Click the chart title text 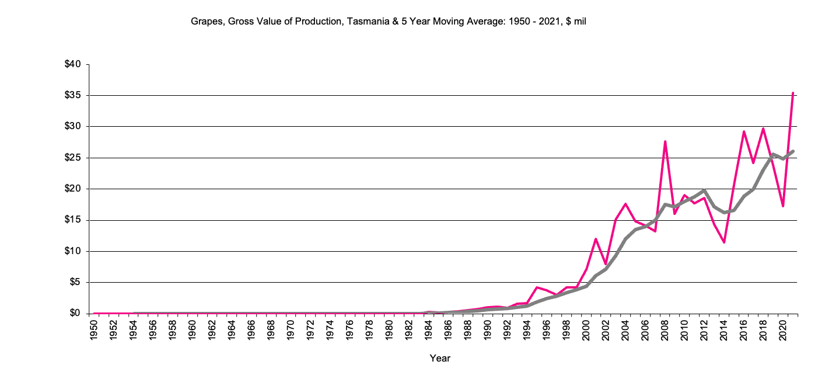(x=392, y=22)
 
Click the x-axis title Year (x=440, y=358)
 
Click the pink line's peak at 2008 (x=664, y=141)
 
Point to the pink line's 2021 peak (x=793, y=92)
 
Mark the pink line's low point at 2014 (x=724, y=242)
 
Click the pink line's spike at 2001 (x=596, y=239)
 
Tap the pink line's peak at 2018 (x=763, y=128)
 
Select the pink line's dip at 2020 (x=783, y=206)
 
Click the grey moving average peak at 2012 (x=704, y=190)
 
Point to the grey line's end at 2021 (x=793, y=151)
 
